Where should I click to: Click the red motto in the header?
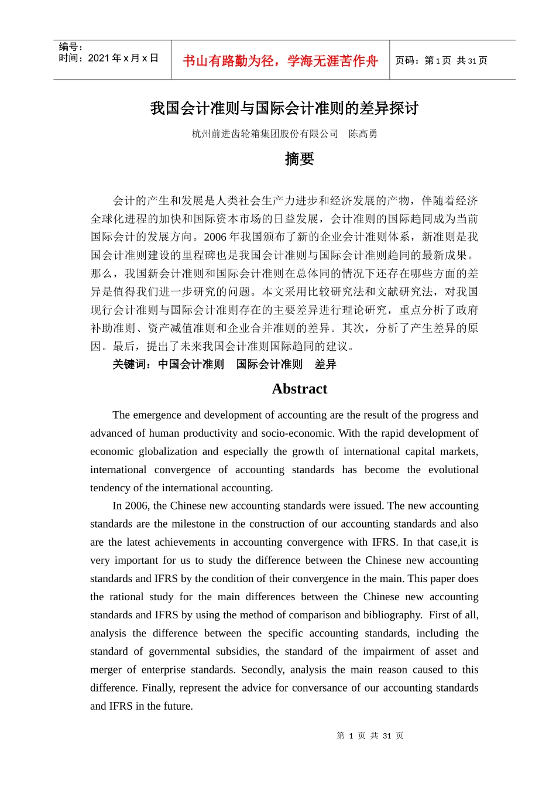tap(280, 61)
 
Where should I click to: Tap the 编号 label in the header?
tap(68, 47)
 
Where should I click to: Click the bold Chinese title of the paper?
tap(284, 108)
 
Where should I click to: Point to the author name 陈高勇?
tap(363, 134)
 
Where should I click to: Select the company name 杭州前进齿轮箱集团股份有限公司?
tap(265, 134)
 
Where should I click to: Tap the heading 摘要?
tap(300, 159)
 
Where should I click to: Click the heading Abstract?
tap(300, 389)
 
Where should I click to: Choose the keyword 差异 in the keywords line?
tap(325, 364)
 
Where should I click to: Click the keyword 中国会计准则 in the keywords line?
tap(191, 364)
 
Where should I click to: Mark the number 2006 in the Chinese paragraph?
tap(215, 237)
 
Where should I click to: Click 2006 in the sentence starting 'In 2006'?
tap(138, 506)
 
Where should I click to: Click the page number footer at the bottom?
tap(370, 735)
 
